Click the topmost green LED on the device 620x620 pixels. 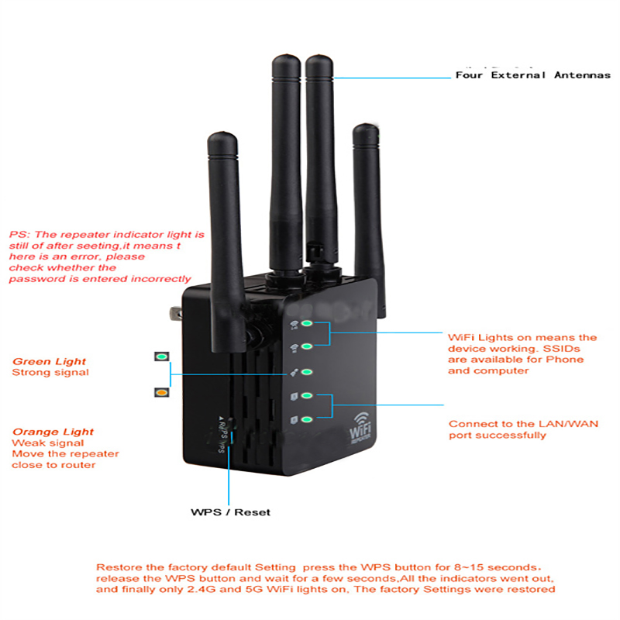click(307, 324)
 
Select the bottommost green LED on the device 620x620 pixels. click(307, 419)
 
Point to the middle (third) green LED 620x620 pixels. click(307, 372)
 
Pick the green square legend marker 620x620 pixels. click(161, 357)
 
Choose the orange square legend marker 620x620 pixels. click(161, 393)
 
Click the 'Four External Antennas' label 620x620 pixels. click(532, 75)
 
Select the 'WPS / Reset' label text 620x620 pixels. click(231, 512)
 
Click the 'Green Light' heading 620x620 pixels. click(49, 361)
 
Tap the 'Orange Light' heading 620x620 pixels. click(53, 432)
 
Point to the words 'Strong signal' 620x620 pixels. click(50, 373)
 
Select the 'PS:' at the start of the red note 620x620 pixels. click(19, 233)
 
